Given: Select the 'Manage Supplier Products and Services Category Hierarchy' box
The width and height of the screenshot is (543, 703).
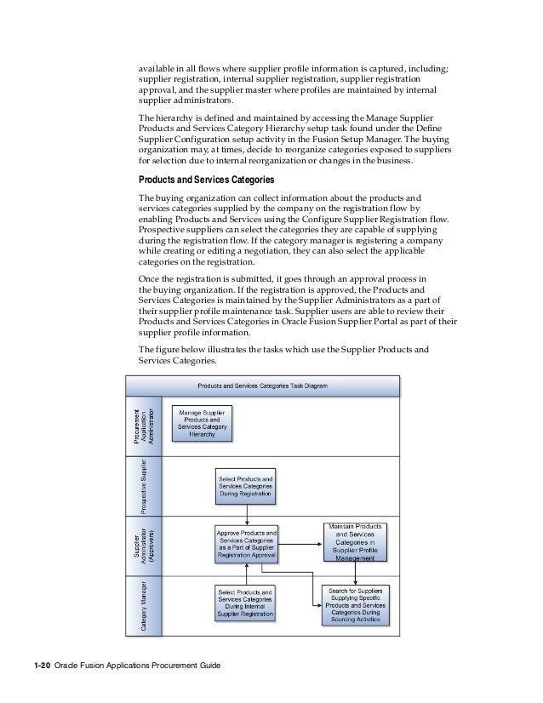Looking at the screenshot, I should (x=202, y=422).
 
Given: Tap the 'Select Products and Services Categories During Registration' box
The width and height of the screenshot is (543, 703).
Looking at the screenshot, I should (x=245, y=483).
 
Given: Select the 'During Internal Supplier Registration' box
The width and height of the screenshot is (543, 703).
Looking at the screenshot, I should (x=245, y=602).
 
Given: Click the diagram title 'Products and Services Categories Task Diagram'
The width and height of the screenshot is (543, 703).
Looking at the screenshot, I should (x=261, y=385).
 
